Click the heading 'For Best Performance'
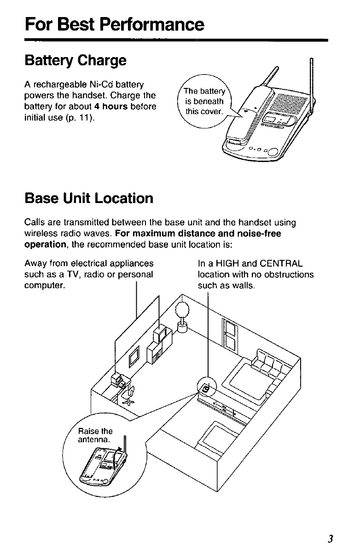pos(114,24)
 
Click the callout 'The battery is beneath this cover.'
pos(203,101)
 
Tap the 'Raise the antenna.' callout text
pos(95,436)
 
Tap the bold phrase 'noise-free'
pos(258,233)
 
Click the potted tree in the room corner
pos(182,314)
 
